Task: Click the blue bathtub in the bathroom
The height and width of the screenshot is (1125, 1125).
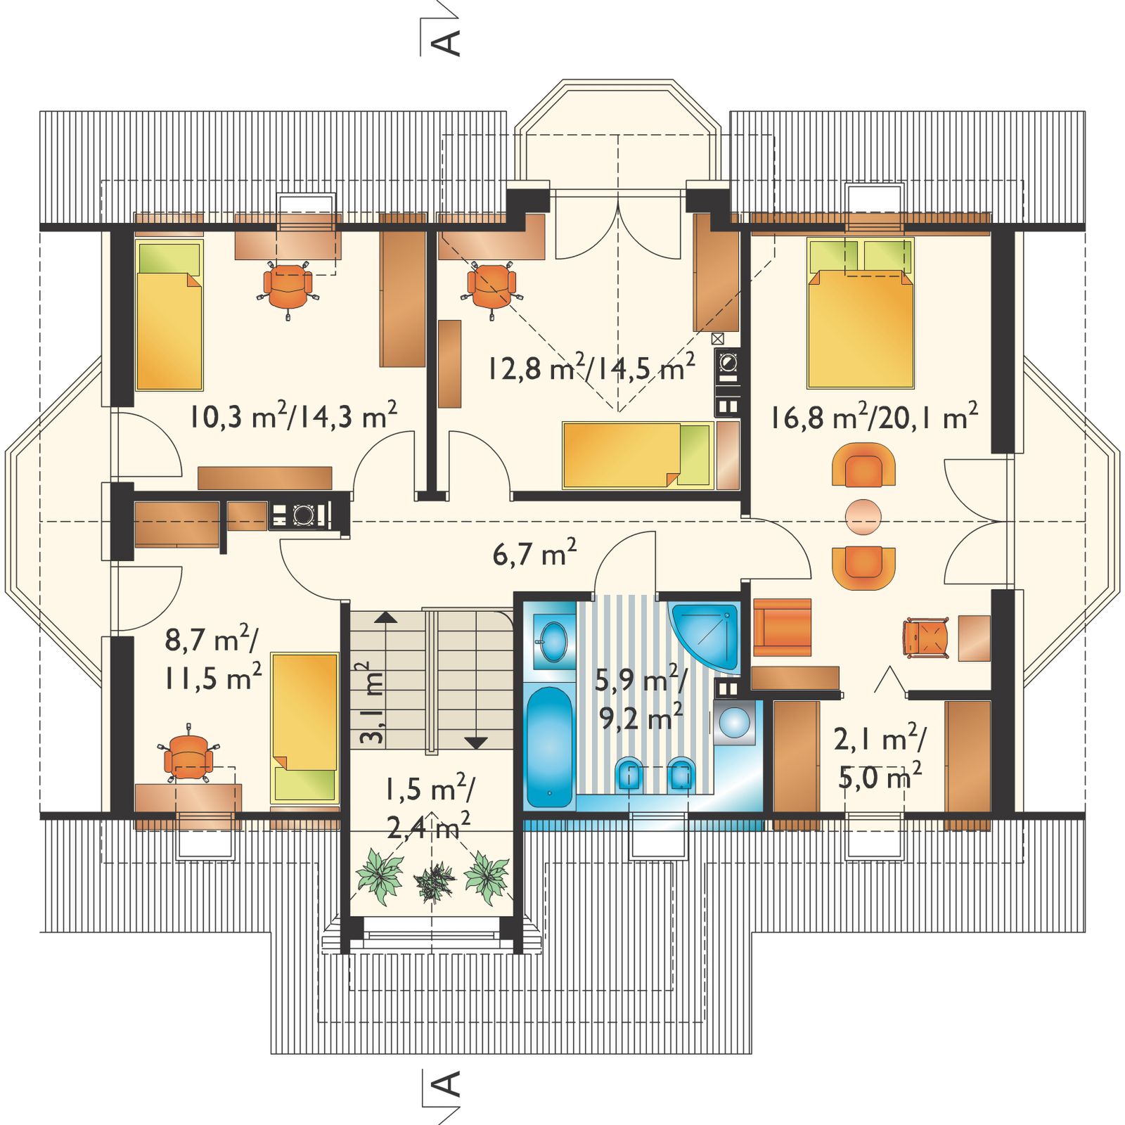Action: [x=550, y=747]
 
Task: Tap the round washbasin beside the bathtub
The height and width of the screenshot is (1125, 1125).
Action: [x=553, y=640]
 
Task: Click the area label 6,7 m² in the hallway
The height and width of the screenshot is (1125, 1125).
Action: [x=534, y=553]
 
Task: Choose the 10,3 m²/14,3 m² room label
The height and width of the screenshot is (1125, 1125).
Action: [x=292, y=416]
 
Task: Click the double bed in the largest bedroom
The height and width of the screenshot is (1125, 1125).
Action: [x=861, y=314]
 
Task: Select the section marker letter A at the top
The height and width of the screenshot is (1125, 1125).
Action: [x=447, y=43]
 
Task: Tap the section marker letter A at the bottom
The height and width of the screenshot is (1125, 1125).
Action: [x=447, y=1084]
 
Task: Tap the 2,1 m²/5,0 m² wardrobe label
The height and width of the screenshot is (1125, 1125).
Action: [x=880, y=758]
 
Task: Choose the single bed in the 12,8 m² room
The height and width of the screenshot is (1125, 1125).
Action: [x=638, y=455]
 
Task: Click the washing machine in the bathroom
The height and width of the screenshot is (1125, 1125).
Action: [x=735, y=722]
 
